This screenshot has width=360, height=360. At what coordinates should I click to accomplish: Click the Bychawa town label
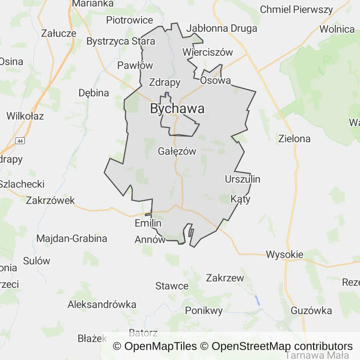click(177, 109)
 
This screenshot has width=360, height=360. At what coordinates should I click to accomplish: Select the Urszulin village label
click(242, 179)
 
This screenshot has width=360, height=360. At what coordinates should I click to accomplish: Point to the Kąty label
click(240, 199)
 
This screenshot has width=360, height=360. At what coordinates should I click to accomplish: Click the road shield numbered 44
click(20, 141)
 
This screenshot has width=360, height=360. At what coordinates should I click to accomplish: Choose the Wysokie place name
click(285, 255)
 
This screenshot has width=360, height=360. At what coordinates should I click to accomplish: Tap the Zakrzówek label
click(51, 200)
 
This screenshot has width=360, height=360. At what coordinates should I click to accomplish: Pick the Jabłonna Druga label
click(222, 28)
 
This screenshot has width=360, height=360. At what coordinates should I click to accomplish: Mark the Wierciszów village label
click(208, 52)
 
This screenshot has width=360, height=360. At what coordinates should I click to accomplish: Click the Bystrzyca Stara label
click(120, 41)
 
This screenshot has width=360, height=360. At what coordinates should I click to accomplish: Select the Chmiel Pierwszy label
click(296, 9)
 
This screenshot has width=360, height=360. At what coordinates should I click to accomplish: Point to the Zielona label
click(294, 139)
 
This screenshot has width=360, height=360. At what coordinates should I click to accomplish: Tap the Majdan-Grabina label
click(72, 238)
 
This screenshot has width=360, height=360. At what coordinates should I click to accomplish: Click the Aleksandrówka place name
click(102, 304)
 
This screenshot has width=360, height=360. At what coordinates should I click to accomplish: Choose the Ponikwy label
click(204, 310)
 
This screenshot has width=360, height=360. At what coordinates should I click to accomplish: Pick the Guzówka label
click(311, 310)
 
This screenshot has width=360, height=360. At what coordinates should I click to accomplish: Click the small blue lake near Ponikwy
click(257, 300)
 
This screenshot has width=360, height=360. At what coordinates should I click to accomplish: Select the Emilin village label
click(148, 223)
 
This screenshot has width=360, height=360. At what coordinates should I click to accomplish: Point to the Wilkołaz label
click(25, 116)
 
